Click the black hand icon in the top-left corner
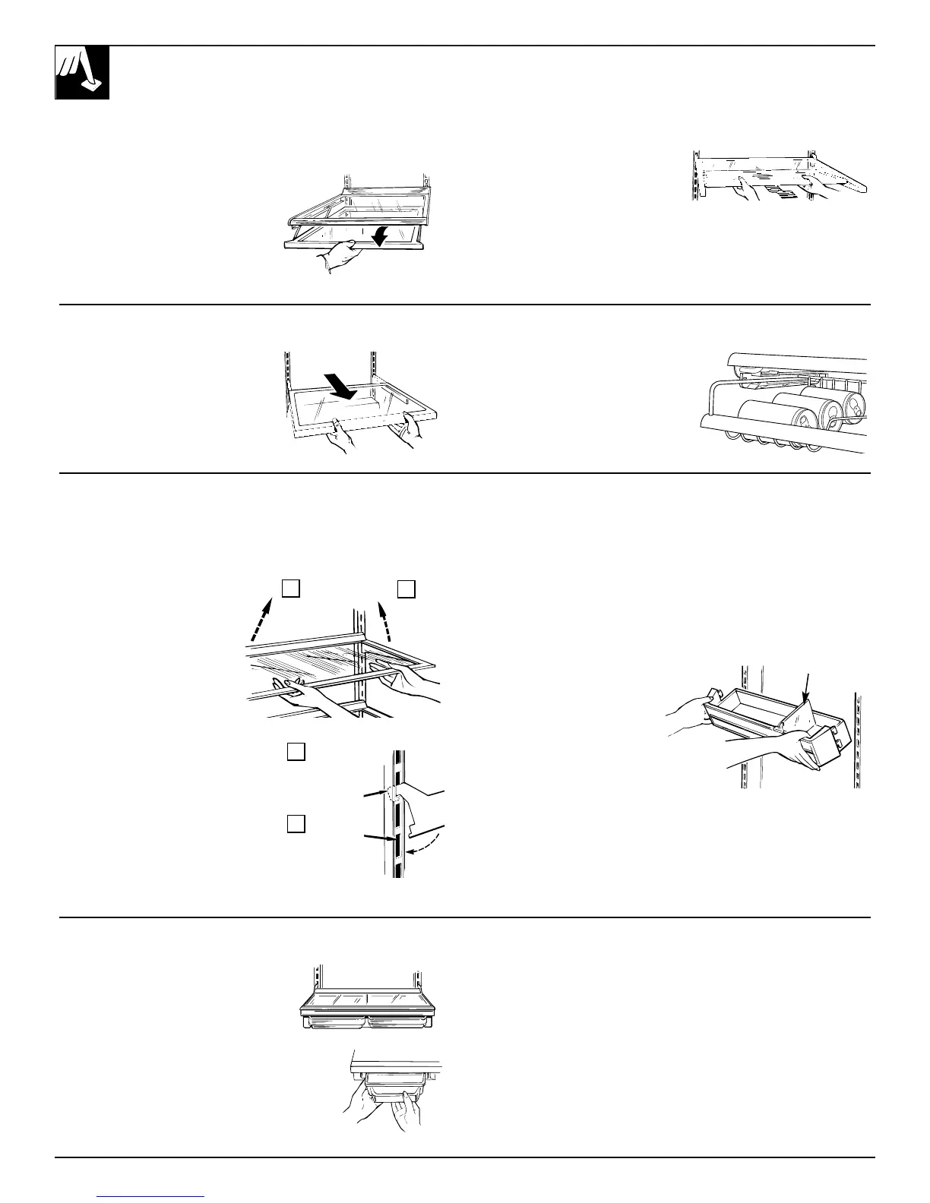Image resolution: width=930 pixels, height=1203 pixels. [x=82, y=72]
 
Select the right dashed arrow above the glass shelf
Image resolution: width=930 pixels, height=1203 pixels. [x=385, y=620]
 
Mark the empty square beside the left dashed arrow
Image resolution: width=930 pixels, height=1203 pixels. [x=291, y=588]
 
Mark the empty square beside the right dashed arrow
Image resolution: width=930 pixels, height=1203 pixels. [x=406, y=589]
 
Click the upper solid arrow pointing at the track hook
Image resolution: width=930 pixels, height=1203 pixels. [x=374, y=794]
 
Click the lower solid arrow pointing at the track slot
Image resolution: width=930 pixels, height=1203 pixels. [x=377, y=838]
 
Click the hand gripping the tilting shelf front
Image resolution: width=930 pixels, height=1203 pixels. [x=337, y=257]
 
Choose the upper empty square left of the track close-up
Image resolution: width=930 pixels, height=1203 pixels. [x=296, y=752]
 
